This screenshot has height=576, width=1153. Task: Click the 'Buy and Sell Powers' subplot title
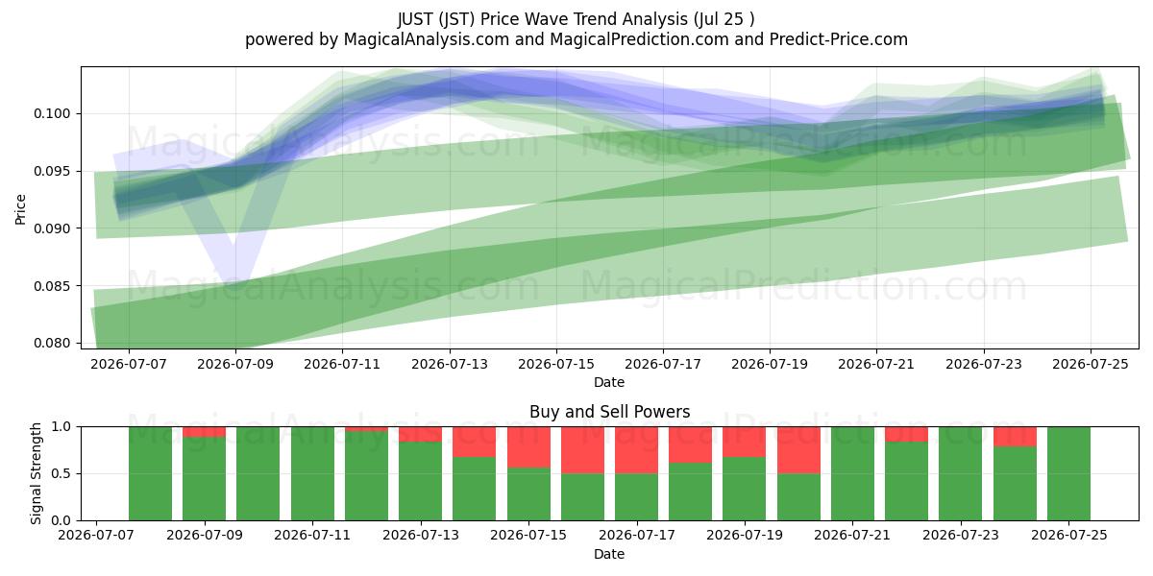tap(609, 412)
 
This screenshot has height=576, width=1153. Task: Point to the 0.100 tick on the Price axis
tap(52, 113)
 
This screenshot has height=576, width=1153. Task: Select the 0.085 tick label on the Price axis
tap(52, 286)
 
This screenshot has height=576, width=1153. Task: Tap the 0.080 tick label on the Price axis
tap(52, 343)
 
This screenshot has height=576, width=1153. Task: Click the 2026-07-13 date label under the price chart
tap(450, 365)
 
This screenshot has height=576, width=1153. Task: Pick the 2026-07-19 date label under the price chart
tap(770, 365)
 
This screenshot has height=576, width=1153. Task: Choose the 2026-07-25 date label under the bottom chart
tap(1069, 536)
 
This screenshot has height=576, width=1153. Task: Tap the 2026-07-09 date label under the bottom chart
tap(205, 536)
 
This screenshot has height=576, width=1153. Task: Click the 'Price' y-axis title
tap(20, 210)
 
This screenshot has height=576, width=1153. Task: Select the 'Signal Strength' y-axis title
tap(36, 473)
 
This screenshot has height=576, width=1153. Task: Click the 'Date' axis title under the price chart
tap(609, 383)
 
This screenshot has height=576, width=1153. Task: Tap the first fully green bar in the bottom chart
tap(150, 473)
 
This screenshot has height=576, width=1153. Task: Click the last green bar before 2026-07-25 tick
tap(1015, 484)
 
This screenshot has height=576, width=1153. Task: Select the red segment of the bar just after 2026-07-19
tap(798, 450)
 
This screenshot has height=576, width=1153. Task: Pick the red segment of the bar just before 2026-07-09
tap(205, 432)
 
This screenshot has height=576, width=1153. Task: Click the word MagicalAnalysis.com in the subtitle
tap(427, 39)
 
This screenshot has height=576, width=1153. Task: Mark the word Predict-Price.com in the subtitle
tap(839, 39)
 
